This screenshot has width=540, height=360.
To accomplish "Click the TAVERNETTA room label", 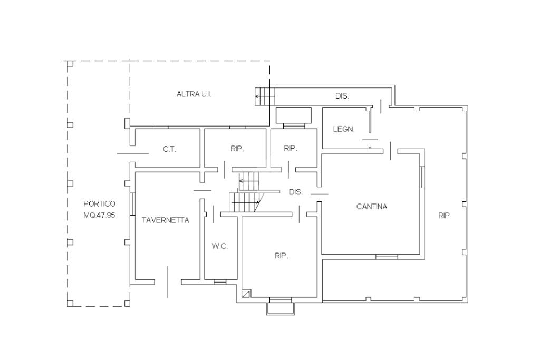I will [x=165, y=220].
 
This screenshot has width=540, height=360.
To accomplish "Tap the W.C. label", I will [x=220, y=247].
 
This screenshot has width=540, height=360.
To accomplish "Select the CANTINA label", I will [x=372, y=207].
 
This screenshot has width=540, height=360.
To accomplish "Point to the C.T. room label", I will [x=169, y=150].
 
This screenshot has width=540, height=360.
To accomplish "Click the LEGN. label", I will [x=344, y=129].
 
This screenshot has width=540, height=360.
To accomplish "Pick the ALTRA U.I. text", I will [x=194, y=94].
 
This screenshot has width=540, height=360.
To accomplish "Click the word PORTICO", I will [x=99, y=204].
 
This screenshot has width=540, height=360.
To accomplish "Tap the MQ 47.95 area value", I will [x=99, y=215].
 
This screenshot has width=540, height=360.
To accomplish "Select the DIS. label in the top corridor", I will [x=342, y=96].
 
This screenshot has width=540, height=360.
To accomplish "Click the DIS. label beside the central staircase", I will [x=296, y=192].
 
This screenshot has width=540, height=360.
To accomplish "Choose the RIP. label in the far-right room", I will [x=445, y=216].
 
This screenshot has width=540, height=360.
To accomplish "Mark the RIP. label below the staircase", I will [x=281, y=256].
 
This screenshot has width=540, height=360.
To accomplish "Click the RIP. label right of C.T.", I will [x=237, y=149].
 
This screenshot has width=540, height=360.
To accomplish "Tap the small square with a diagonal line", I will [x=246, y=295].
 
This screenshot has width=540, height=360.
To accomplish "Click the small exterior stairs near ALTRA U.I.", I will [x=265, y=96].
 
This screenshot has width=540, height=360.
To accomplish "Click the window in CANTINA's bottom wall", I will [x=387, y=257].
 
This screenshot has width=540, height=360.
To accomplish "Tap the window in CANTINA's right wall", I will [x=422, y=177].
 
